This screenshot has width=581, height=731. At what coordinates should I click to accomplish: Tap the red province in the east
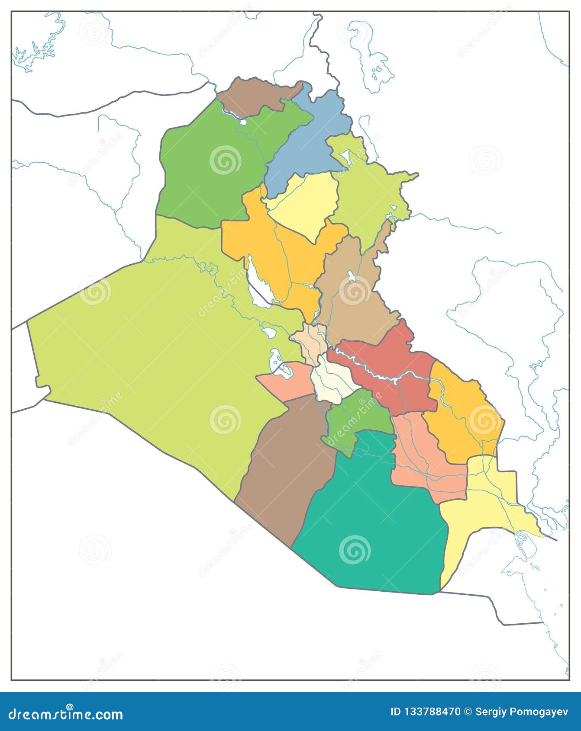pyautogui.click(x=385, y=372)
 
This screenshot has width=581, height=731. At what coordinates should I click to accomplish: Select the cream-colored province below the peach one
pyautogui.click(x=331, y=381)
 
